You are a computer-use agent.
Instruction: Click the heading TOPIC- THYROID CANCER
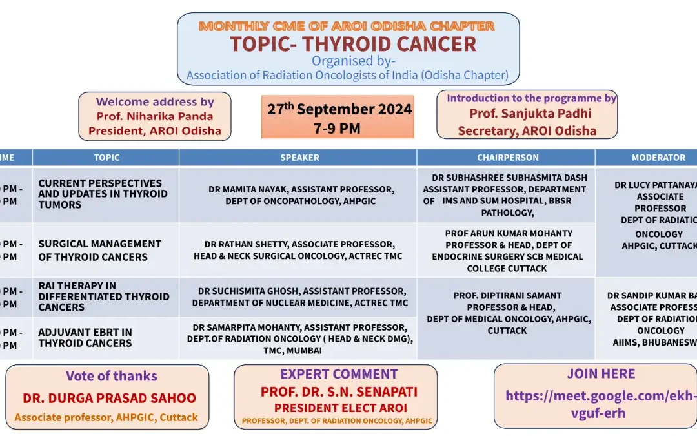click(353, 44)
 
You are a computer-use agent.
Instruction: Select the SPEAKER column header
click(299, 158)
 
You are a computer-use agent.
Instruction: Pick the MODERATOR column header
click(658, 158)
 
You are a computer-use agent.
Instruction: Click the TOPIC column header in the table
click(106, 158)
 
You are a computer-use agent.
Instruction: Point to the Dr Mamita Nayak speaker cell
click(300, 195)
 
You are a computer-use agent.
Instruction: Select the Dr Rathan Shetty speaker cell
click(298, 251)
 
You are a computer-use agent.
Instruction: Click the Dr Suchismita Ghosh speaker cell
click(299, 297)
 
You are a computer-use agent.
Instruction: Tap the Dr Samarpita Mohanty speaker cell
click(299, 339)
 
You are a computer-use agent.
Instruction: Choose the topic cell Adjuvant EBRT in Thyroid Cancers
click(85, 338)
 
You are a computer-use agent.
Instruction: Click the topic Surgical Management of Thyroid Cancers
click(99, 251)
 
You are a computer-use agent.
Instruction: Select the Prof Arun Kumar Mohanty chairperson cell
click(508, 251)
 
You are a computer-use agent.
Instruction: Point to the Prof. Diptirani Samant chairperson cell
click(507, 313)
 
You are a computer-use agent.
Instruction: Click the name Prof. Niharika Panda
click(154, 117)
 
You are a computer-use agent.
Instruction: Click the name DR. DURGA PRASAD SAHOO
click(109, 399)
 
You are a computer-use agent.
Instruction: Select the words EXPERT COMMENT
click(339, 375)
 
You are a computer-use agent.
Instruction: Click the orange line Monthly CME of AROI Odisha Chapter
click(347, 26)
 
